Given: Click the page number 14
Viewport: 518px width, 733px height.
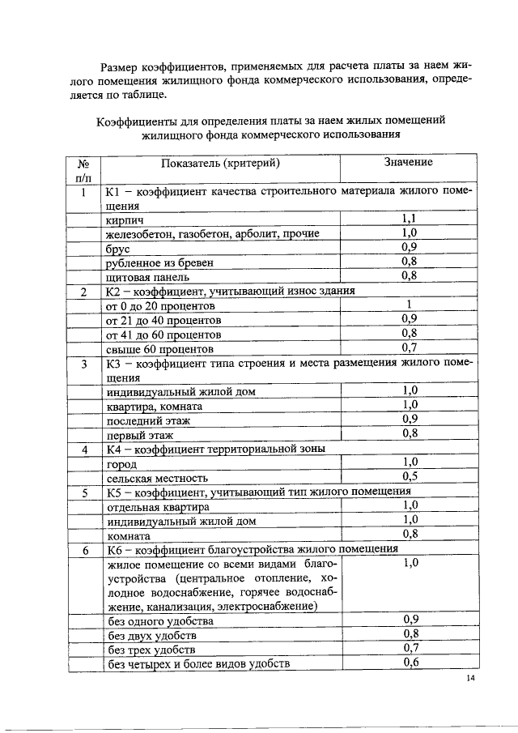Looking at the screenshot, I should (x=470, y=678).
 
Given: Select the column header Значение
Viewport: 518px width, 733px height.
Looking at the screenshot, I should (x=409, y=163).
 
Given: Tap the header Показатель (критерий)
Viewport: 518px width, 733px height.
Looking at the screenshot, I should (x=220, y=164).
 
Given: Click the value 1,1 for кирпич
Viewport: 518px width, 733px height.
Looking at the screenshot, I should (x=410, y=219).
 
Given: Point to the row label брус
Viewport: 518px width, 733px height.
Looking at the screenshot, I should (x=119, y=248).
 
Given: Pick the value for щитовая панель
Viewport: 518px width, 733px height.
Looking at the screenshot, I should (x=410, y=276).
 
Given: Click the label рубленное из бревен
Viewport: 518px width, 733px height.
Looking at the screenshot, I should (x=152, y=262).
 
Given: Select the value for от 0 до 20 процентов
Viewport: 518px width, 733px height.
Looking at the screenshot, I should (x=410, y=305).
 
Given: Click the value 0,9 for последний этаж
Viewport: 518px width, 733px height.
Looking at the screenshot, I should (x=410, y=420).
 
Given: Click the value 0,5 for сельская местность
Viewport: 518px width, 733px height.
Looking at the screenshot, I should (x=410, y=476).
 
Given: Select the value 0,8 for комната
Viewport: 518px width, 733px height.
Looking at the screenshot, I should (x=410, y=534).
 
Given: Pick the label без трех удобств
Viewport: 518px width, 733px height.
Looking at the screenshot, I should (x=151, y=650).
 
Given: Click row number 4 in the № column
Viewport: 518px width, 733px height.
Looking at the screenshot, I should (x=83, y=448).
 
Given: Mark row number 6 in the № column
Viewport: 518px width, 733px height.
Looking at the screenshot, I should (x=83, y=549).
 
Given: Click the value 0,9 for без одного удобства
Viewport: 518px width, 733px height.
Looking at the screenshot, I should (x=410, y=620).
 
